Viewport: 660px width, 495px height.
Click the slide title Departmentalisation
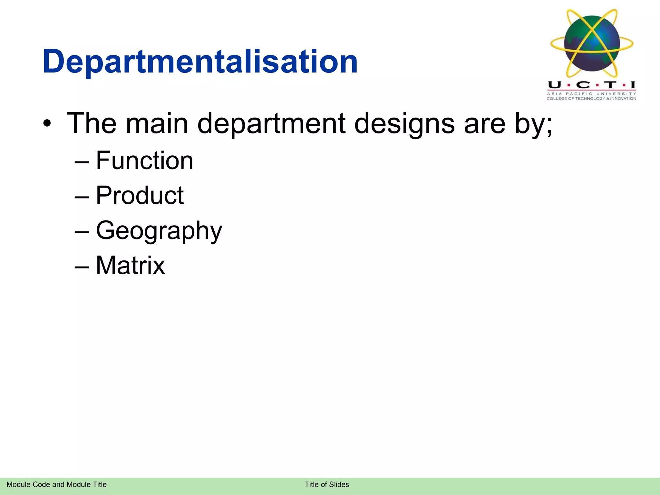pyautogui.click(x=200, y=61)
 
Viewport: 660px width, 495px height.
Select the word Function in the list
pyautogui.click(x=144, y=160)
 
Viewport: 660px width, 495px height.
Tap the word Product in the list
pyautogui.click(x=140, y=195)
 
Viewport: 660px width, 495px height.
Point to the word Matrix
pyautogui.click(x=131, y=265)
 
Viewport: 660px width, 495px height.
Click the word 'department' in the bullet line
pyautogui.click(x=271, y=124)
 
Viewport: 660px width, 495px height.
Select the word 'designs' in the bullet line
pyautogui.click(x=404, y=124)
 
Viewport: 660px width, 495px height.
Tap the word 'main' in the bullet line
pyautogui.click(x=157, y=123)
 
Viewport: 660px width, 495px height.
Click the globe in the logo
pyautogui.click(x=592, y=44)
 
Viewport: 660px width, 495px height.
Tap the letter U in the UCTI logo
pyautogui.click(x=555, y=85)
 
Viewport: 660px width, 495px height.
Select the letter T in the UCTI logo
pyautogui.click(x=610, y=85)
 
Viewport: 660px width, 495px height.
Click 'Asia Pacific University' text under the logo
pyautogui.click(x=591, y=94)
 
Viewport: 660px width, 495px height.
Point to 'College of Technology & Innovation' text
pyautogui.click(x=591, y=99)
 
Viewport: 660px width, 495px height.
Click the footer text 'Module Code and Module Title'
pyautogui.click(x=56, y=484)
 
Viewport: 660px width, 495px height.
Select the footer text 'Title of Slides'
pyautogui.click(x=327, y=484)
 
